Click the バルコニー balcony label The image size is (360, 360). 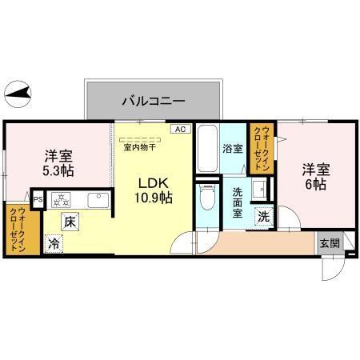[154, 102]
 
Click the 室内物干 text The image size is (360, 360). [138, 145]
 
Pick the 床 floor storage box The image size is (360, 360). [70, 222]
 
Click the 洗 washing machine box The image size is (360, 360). [263, 215]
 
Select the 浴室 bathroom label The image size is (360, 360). [233, 149]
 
